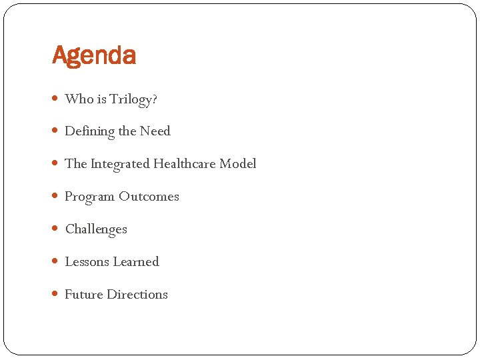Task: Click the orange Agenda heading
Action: (94, 56)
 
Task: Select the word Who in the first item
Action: (79, 99)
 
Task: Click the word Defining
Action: (89, 131)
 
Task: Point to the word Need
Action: (155, 131)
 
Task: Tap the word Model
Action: (238, 163)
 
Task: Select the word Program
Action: (89, 197)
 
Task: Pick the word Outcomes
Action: (149, 197)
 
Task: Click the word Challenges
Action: (96, 229)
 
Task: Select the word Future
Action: (83, 294)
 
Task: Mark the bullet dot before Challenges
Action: (56, 229)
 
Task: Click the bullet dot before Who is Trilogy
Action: (56, 99)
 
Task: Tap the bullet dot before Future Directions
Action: (56, 295)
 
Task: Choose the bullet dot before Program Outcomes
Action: (56, 197)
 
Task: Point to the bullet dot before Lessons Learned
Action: (56, 262)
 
